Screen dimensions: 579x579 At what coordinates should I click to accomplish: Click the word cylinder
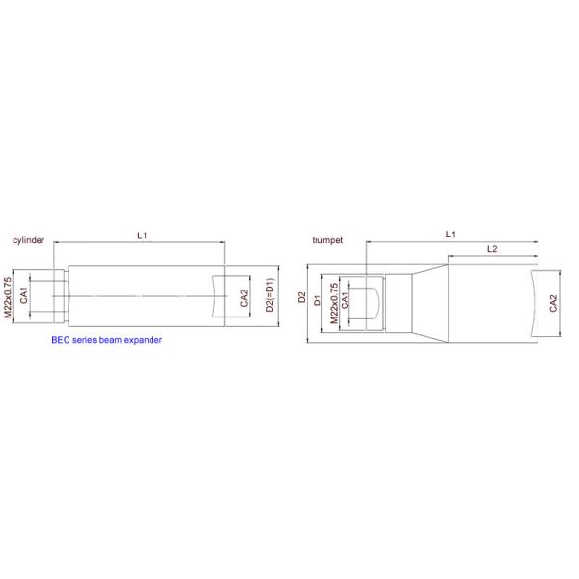coord(27,240)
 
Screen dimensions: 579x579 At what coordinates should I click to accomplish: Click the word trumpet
coord(328,239)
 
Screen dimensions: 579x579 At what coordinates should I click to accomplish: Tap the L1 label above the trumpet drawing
coord(450,234)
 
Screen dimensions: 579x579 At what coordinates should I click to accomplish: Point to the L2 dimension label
coord(491,249)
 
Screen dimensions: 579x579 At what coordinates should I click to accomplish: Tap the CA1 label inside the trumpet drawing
coord(345,301)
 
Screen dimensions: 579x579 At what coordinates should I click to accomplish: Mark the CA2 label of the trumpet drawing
coord(553,304)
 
